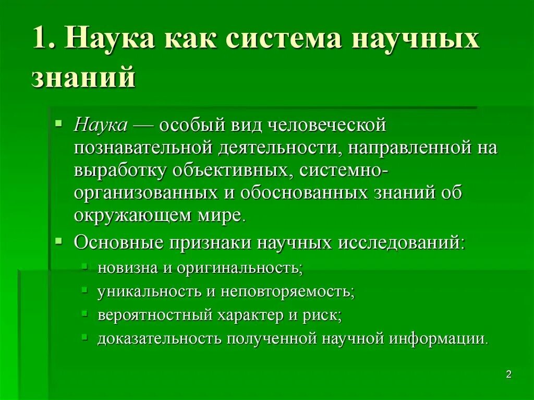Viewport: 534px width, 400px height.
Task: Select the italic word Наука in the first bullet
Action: pos(101,126)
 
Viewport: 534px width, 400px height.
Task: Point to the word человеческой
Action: pos(327,126)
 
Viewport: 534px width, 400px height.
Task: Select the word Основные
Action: pos(117,243)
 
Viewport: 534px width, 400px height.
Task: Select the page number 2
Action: pos(509,374)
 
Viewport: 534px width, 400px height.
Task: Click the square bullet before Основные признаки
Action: pos(59,242)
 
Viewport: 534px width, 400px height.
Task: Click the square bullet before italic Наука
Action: pos(59,124)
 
